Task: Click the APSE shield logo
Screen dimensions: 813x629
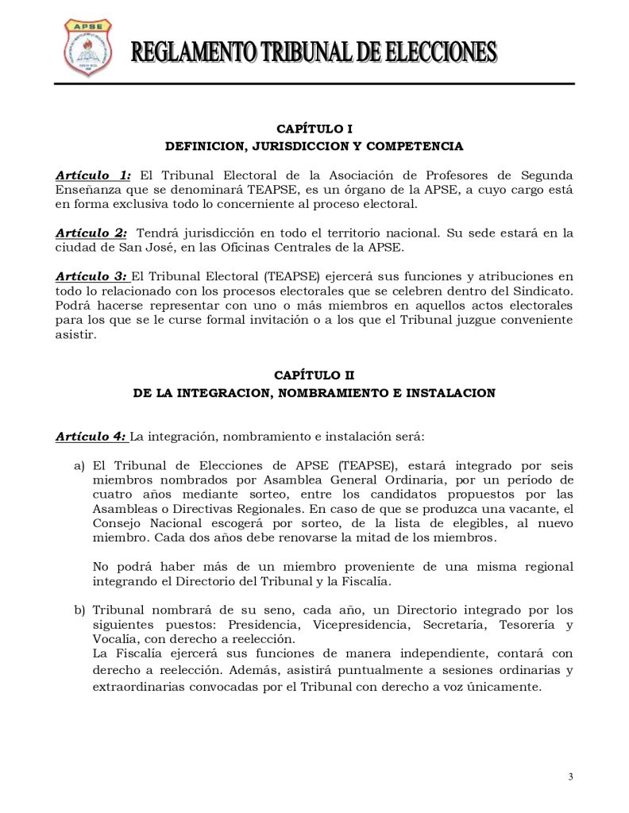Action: pos(87,47)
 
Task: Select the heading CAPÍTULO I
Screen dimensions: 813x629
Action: pos(314,129)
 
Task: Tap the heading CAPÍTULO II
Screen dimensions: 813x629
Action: pos(314,375)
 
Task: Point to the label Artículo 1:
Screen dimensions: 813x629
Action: pos(93,175)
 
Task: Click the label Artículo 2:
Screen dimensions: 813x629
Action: pos(91,233)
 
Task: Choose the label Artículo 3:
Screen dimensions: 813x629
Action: pos(91,276)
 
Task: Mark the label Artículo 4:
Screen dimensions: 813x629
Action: pos(91,436)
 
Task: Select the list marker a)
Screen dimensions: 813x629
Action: pos(79,465)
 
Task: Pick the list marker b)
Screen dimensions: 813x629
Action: pos(79,610)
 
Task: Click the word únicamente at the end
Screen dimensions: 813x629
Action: pos(500,687)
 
